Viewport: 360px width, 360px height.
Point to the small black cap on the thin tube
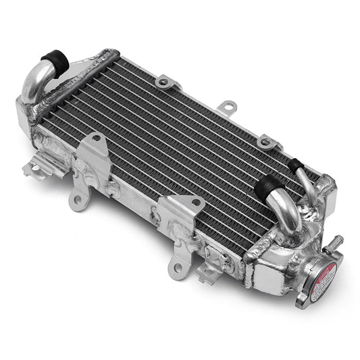coord(295,163)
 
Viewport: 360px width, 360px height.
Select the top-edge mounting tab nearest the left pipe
coord(165,82)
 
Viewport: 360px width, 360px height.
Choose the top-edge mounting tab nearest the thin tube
coord(267,142)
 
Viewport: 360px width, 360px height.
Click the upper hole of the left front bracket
coord(97,138)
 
